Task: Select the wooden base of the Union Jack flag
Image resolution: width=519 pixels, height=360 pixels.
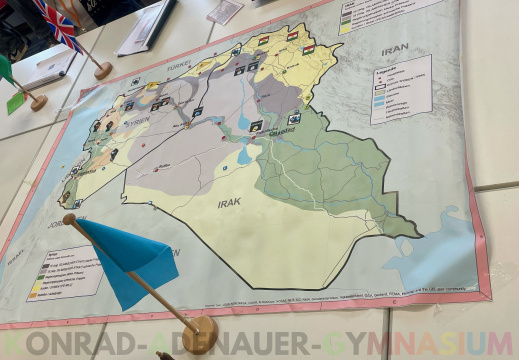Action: pos(103,70)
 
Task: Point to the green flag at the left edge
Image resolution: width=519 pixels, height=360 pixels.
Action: pos(6,70)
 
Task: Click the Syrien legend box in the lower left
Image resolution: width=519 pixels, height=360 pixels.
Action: pos(63,270)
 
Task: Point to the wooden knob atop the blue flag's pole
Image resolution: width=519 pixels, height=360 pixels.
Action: pos(69,219)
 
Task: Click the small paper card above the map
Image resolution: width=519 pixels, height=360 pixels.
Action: pos(225,11)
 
